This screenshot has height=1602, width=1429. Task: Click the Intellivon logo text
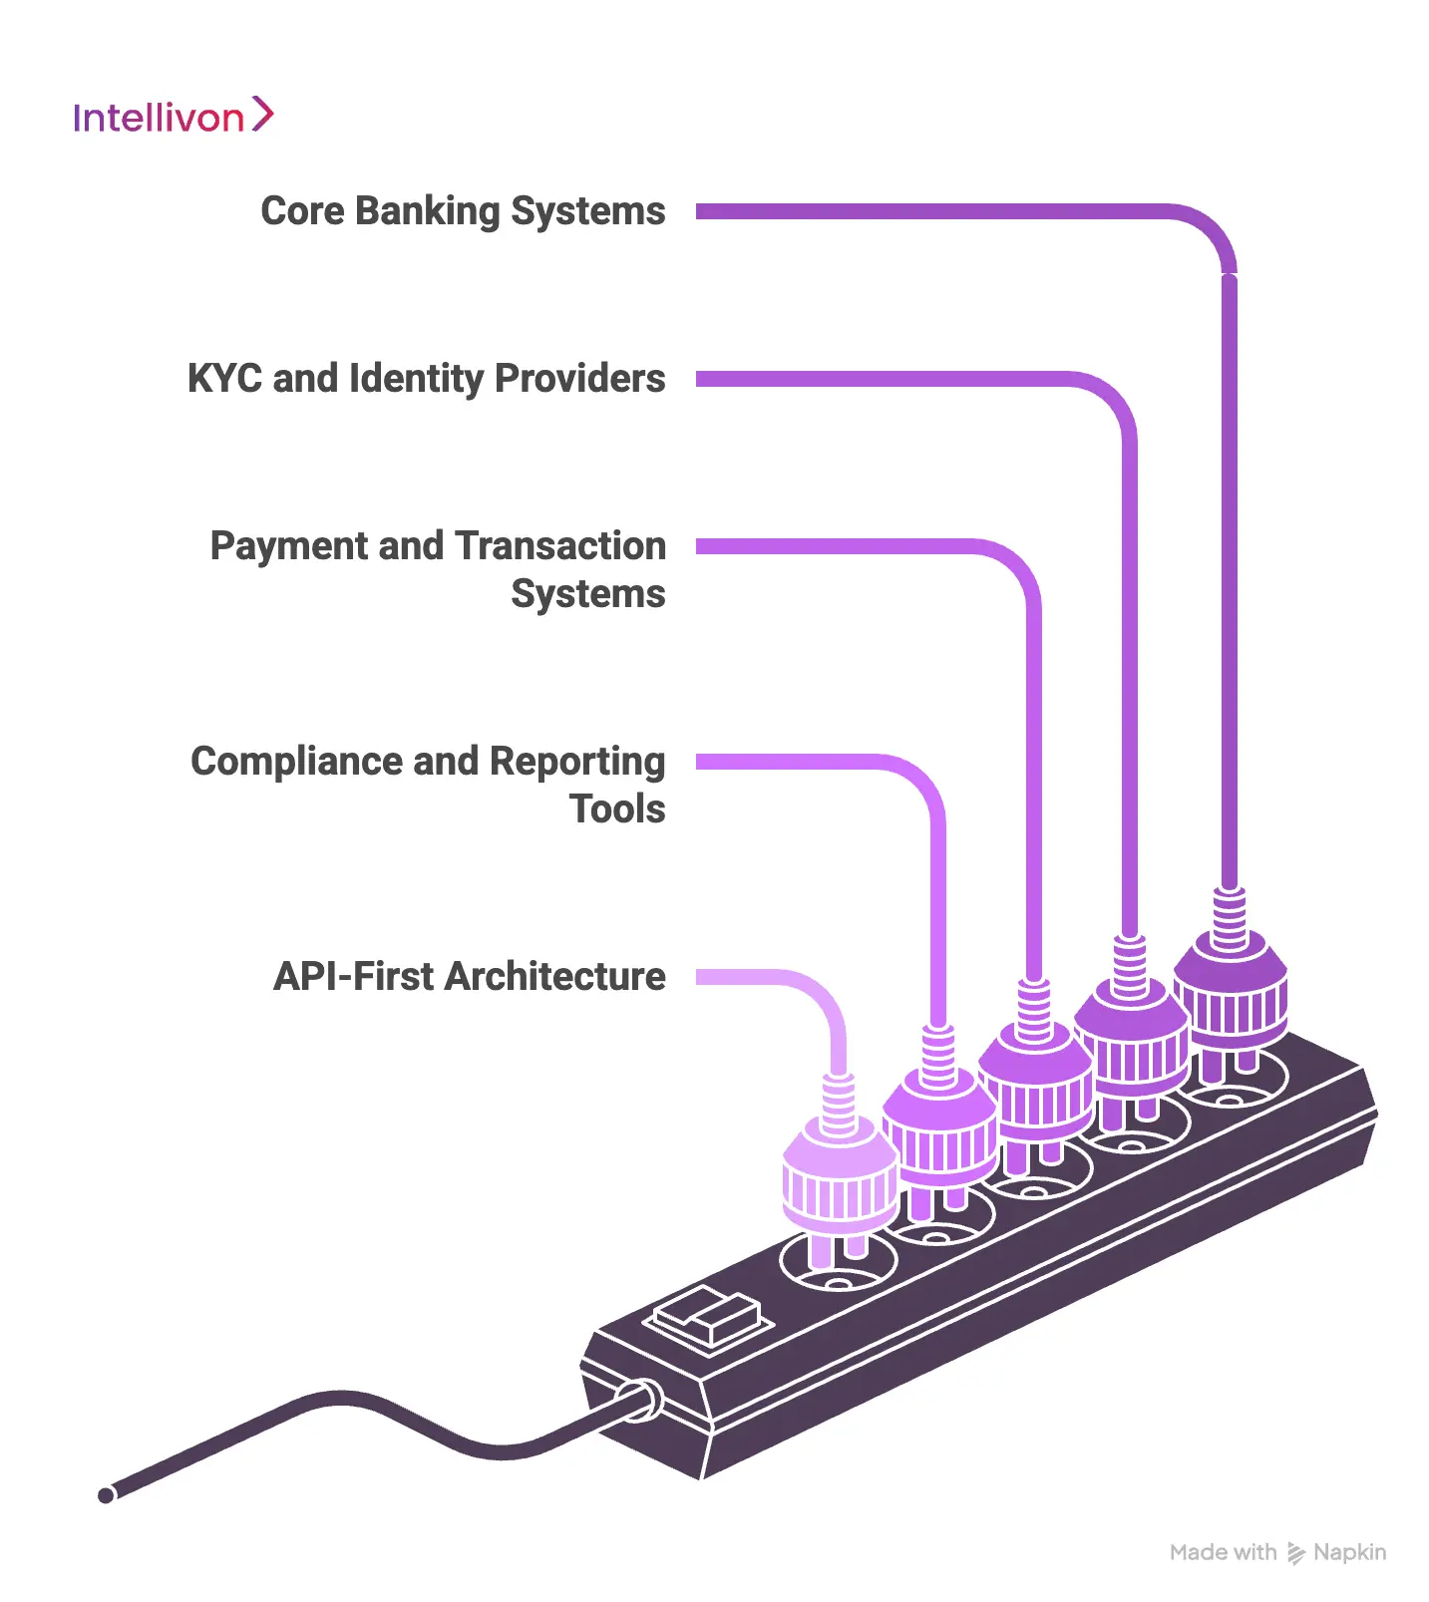point(158,119)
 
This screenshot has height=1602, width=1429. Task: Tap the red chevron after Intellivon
point(262,114)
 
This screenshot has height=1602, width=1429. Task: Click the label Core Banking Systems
point(463,211)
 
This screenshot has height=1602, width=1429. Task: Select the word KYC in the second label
point(225,379)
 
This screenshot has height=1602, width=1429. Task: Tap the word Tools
point(617,809)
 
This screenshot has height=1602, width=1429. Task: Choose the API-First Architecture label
point(469,977)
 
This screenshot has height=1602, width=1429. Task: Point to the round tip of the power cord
point(106,1494)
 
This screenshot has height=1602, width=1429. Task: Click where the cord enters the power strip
point(638,1400)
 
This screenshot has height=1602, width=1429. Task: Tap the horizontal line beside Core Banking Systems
point(927,211)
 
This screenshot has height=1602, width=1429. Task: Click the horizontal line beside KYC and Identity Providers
point(878,379)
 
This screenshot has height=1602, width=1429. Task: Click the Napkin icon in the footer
point(1295,1552)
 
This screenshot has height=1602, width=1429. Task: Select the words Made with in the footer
point(1223,1552)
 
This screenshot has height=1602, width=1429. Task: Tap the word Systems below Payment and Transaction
point(587,594)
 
